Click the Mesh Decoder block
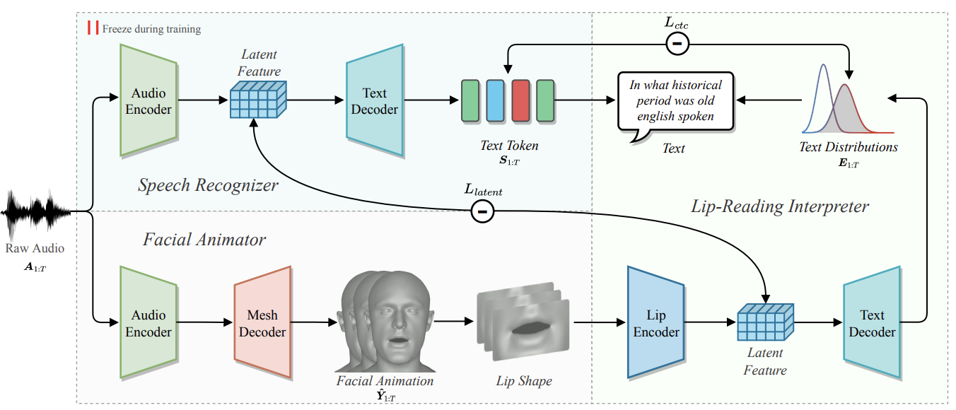coord(262,322)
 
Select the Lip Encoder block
coord(655,322)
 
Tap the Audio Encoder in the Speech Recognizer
coord(148,100)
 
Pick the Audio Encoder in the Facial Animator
coord(148,322)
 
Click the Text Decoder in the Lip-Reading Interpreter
coord(871,322)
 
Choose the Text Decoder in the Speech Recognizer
coord(374,100)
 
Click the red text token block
coord(520,100)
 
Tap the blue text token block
coord(495,100)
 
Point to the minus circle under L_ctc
coord(677,45)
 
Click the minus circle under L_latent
coord(482,211)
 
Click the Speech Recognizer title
coord(208,186)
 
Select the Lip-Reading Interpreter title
coord(779,206)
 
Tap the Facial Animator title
coord(204,240)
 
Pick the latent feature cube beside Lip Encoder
coord(765,322)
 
